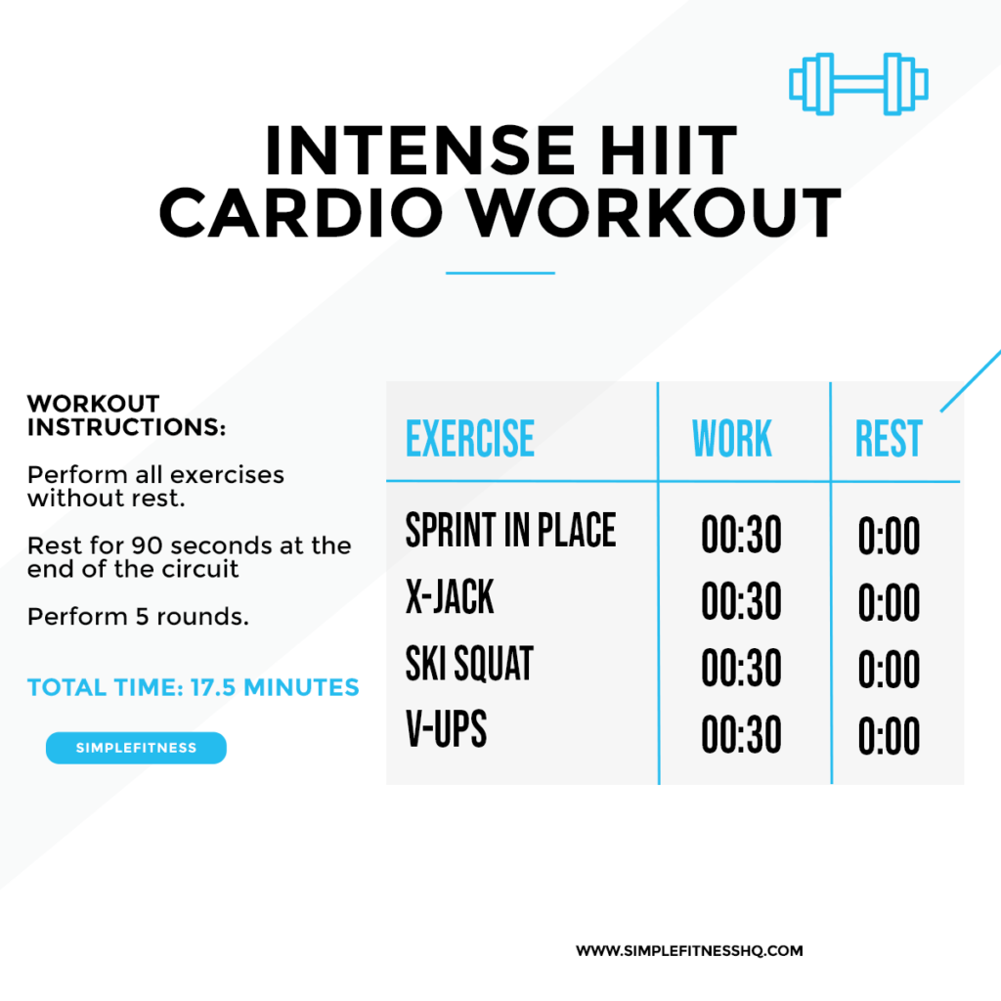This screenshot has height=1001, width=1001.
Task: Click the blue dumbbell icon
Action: coord(858,84)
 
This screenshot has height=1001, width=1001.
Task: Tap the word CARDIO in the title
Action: coord(301,212)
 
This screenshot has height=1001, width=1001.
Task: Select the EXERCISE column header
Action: coord(470,439)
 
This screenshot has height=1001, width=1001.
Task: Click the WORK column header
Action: coord(732,439)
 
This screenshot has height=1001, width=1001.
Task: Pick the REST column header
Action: coord(889,439)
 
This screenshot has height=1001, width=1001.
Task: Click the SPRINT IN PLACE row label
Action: coord(510,530)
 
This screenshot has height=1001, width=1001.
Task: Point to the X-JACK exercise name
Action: coord(450,597)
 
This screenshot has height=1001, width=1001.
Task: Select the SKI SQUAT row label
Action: coord(469,664)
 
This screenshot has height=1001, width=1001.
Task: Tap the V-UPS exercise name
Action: coord(446,729)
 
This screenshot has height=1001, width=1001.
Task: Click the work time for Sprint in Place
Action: coord(741,535)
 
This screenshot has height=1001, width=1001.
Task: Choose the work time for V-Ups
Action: coord(741,735)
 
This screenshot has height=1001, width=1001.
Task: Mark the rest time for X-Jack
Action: coord(889,602)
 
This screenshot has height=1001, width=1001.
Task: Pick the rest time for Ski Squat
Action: coord(889,669)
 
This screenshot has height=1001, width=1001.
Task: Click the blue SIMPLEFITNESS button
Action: coord(136,748)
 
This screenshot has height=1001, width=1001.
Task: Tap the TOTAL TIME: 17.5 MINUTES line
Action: coord(193,687)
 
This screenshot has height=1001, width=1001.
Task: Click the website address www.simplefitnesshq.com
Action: coord(689,950)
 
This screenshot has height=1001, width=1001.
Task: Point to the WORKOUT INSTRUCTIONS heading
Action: coord(126,415)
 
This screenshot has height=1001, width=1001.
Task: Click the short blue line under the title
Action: coord(500,274)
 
